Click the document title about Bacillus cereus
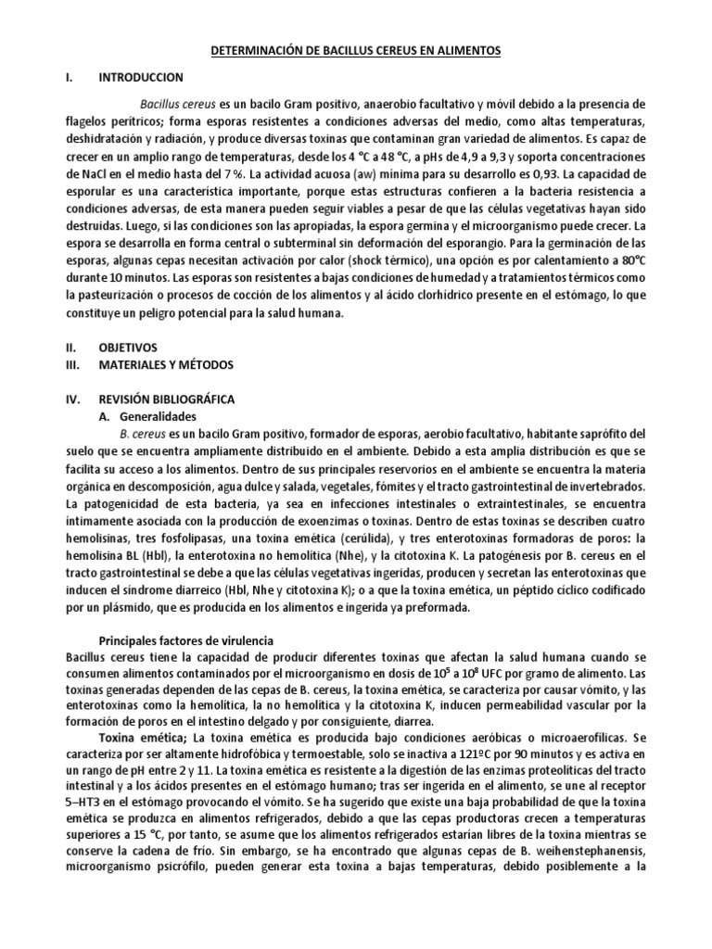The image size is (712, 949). (x=356, y=53)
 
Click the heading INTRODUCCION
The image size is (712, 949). (x=141, y=77)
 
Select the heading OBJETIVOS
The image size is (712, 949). (x=129, y=347)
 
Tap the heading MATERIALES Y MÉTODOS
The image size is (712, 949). (x=166, y=364)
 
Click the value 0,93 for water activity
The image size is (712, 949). (x=521, y=173)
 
